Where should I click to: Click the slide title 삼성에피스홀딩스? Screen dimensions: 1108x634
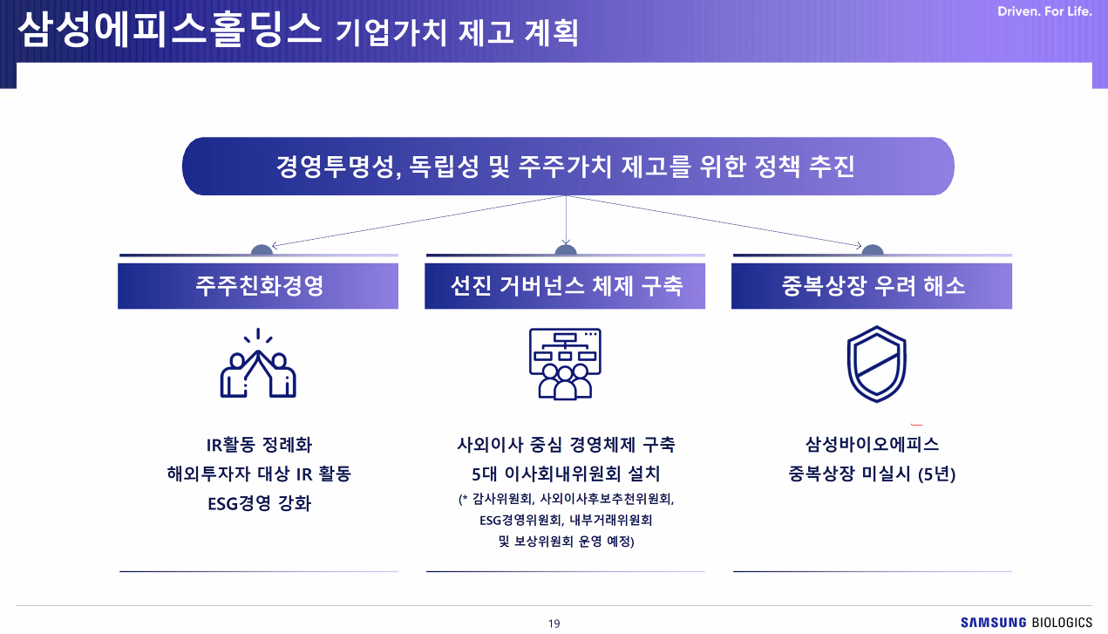coord(170,30)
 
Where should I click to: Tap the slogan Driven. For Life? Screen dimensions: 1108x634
coord(1044,11)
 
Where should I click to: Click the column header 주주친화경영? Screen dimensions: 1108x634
coord(258,286)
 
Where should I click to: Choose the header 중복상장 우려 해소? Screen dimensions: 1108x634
coord(872,286)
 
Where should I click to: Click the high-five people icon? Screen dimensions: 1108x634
coord(258,364)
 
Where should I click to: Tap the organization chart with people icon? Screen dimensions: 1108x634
coord(565,364)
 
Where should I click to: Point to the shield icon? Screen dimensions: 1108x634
coord(876,364)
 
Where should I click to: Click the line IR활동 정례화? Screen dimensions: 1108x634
coord(259,445)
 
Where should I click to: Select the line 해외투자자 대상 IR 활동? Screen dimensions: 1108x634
coord(259,474)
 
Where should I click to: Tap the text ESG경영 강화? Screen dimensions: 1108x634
coord(259,503)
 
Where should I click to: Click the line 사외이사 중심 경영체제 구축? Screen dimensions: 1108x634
coord(566,445)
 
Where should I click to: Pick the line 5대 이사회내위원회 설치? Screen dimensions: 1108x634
coord(566,474)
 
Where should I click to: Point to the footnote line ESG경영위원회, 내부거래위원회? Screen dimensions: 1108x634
coord(566,520)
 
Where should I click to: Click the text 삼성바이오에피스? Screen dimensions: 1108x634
coord(872,445)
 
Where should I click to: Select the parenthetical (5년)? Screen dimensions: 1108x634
coord(936,474)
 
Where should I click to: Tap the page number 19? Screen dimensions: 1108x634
coord(554,624)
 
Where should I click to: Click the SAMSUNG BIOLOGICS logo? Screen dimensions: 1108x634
coord(1026,622)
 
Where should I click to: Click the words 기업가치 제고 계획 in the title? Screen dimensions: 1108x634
coord(457,32)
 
